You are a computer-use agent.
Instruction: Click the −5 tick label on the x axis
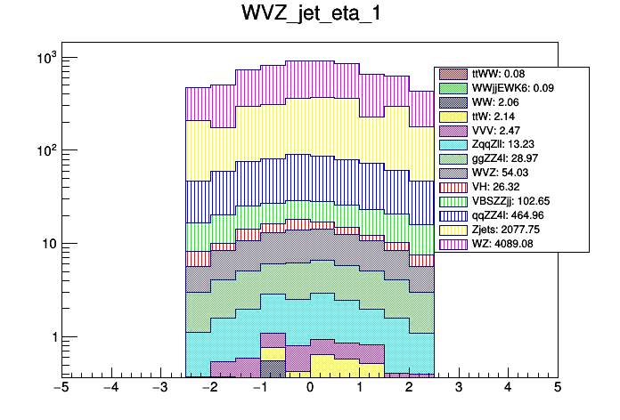coord(61,388)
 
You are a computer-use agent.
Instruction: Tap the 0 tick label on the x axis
coord(309,388)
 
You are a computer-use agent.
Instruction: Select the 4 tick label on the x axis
coord(508,388)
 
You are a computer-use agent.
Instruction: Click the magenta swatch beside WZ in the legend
coord(454,243)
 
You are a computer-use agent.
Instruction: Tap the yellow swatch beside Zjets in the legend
coord(454,229)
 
